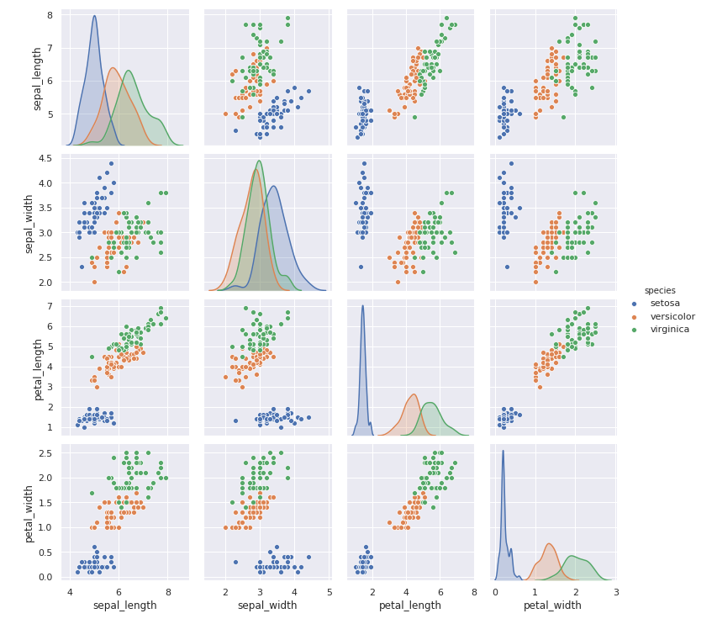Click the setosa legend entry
(664, 303)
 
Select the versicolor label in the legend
(672, 316)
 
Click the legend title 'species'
(660, 290)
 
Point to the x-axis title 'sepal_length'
(124, 605)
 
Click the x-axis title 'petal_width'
(552, 605)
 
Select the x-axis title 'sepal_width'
(266, 605)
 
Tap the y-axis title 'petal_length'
(38, 369)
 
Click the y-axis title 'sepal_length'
(38, 79)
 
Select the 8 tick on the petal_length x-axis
(473, 592)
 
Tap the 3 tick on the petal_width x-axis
(616, 592)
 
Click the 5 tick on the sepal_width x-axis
(329, 592)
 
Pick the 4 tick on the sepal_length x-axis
(70, 592)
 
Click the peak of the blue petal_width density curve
(503, 450)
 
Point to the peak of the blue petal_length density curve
(362, 305)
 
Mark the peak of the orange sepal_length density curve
(113, 68)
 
